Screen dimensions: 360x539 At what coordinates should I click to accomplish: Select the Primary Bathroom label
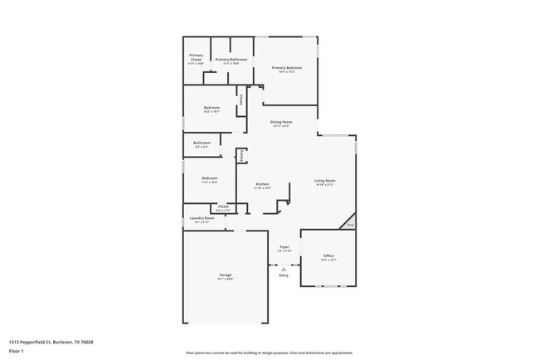tap(232, 60)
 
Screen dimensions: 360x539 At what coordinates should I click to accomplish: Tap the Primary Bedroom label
tap(286, 68)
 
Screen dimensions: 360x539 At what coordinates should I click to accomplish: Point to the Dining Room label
tap(282, 122)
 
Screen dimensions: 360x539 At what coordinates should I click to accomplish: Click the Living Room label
tap(324, 180)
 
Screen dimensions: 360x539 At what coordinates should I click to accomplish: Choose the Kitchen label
tap(262, 184)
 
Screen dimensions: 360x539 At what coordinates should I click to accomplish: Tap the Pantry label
tap(241, 155)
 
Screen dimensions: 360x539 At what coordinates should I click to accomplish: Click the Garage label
tap(225, 275)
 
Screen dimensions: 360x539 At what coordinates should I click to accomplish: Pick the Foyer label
tap(284, 247)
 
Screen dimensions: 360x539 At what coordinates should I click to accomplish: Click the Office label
tap(328, 255)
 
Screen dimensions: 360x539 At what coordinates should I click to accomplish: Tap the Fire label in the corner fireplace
tap(350, 225)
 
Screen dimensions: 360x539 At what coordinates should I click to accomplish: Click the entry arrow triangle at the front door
tap(284, 268)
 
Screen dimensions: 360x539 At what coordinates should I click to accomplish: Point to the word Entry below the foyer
tap(284, 275)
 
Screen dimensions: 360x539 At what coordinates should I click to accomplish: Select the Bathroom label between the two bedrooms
tap(202, 143)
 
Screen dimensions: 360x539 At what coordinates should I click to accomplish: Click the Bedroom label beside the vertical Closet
tap(211, 108)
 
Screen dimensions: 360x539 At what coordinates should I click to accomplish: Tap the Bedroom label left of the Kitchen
tap(209, 178)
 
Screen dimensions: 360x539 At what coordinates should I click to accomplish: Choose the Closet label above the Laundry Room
tap(223, 207)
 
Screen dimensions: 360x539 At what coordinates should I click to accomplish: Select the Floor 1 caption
tap(16, 351)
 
